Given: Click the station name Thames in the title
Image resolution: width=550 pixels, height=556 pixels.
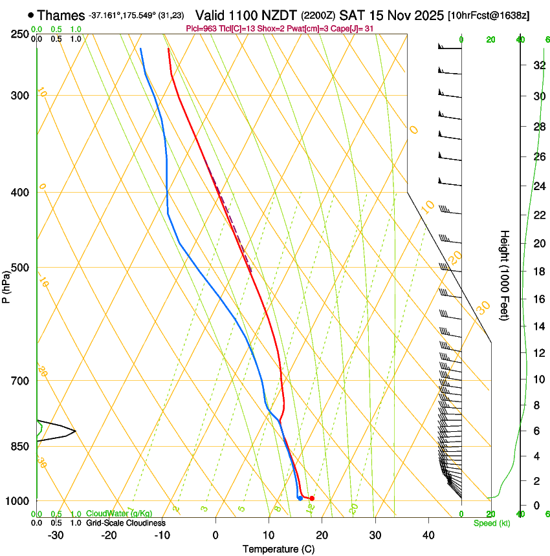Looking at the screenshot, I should pyautogui.click(x=61, y=15).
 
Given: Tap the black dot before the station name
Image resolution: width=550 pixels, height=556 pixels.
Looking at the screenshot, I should pyautogui.click(x=30, y=15).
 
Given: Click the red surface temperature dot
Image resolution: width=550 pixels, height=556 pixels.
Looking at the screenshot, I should pyautogui.click(x=312, y=498).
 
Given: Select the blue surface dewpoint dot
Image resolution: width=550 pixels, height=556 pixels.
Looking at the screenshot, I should pyautogui.click(x=300, y=498).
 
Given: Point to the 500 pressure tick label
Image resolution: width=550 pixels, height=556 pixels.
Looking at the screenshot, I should pyautogui.click(x=21, y=268).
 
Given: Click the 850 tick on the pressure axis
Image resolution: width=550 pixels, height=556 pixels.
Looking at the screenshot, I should pyautogui.click(x=21, y=446).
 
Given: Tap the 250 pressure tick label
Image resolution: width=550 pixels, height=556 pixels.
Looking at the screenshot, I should pyautogui.click(x=21, y=34).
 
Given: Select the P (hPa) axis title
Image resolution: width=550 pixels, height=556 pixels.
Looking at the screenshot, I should pyautogui.click(x=6, y=284).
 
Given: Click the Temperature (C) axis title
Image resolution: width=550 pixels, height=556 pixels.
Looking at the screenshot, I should pyautogui.click(x=278, y=549).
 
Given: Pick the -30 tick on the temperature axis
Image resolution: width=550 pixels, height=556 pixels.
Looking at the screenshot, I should pyautogui.click(x=56, y=535).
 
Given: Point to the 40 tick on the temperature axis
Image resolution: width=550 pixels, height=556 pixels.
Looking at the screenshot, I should pyautogui.click(x=428, y=535).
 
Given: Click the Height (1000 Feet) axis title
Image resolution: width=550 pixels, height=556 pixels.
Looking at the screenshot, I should pyautogui.click(x=505, y=275).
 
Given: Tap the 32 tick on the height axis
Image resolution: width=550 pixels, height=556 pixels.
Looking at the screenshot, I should pyautogui.click(x=537, y=65).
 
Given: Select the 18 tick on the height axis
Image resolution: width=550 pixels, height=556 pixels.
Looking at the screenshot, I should pyautogui.click(x=537, y=271).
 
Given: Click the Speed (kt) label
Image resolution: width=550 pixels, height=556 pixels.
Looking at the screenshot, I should pyautogui.click(x=491, y=523).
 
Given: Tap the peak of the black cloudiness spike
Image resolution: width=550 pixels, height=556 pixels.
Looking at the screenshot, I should pyautogui.click(x=75, y=431).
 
